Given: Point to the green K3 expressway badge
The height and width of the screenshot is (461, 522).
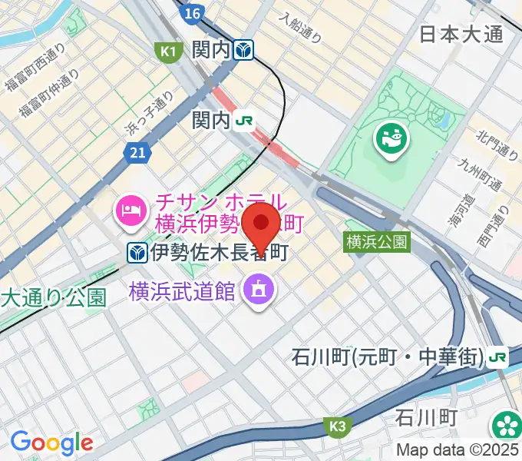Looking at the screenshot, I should point(338,425).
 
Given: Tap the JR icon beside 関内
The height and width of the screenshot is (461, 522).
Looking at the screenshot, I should point(246,120).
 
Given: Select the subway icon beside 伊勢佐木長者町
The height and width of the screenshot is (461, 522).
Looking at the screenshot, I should point(137,252).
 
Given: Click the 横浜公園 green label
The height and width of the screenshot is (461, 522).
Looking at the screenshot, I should point(376,242).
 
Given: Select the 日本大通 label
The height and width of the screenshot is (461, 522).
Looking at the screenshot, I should point(461,35).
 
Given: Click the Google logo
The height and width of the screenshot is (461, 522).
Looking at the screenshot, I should point(51,442).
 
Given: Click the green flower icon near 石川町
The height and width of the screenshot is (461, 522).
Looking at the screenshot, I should point(505,425).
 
